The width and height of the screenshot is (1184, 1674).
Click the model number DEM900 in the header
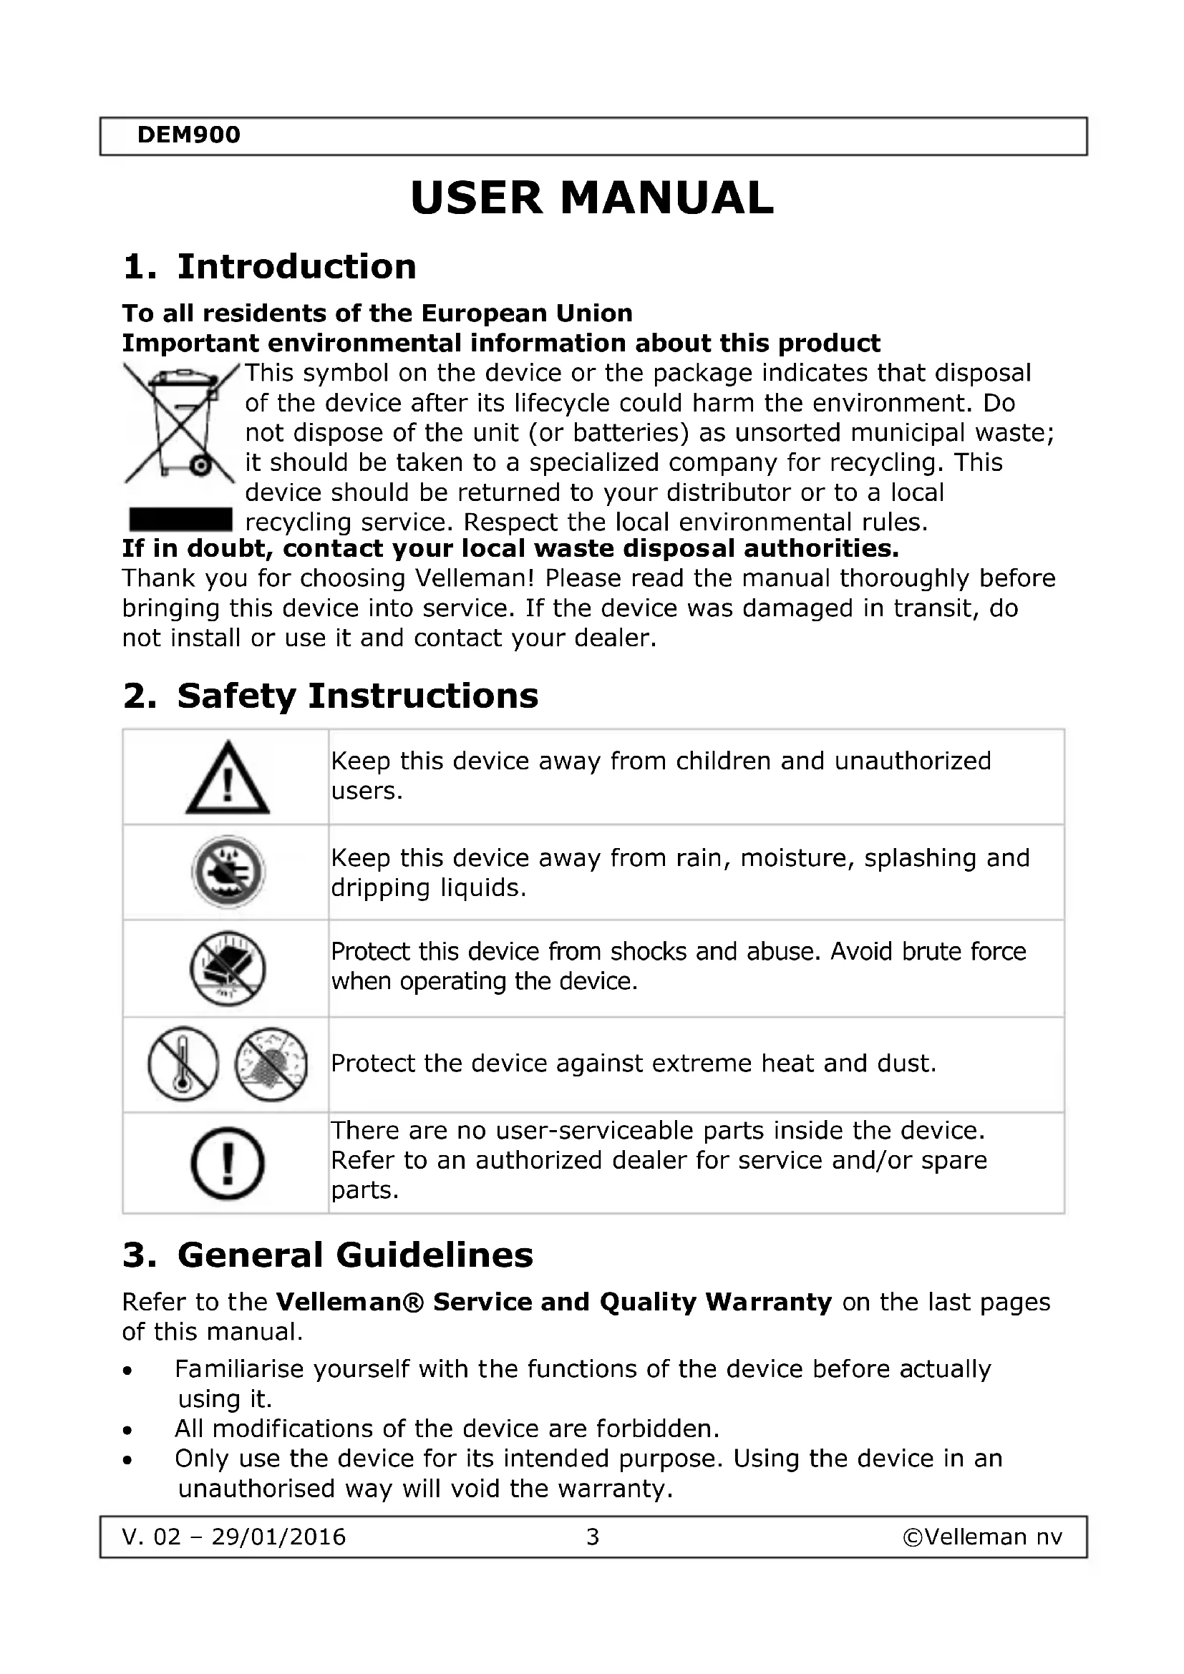(x=188, y=135)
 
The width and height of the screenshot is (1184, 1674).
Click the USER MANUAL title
(x=591, y=198)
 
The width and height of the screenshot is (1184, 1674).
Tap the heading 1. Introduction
(x=269, y=267)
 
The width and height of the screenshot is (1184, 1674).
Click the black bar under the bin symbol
(x=180, y=520)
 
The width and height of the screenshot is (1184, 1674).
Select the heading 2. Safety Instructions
(x=330, y=696)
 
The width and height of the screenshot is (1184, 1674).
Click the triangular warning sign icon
(x=228, y=778)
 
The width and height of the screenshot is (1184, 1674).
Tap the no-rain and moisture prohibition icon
(x=228, y=872)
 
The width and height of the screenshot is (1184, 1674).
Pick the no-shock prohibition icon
(x=228, y=969)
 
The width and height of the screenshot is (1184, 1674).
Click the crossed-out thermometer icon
(x=183, y=1064)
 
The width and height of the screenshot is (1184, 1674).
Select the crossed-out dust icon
(x=271, y=1064)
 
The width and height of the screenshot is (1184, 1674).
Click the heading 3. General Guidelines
(x=328, y=1255)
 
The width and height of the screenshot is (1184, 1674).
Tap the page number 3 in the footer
(x=593, y=1537)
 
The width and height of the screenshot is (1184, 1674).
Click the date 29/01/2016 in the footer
(x=278, y=1537)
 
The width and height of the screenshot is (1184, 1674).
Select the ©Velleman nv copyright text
(x=982, y=1537)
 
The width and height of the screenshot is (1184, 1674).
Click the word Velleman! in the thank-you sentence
(x=475, y=578)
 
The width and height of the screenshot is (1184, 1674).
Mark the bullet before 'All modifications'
(x=128, y=1431)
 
